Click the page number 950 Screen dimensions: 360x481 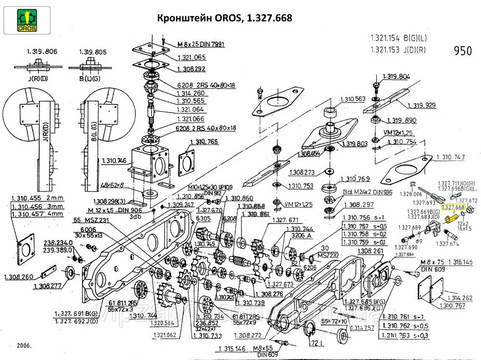click(x=463, y=51)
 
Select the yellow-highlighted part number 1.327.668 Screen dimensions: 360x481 click(x=453, y=207)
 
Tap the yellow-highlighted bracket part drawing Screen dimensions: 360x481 click(x=451, y=219)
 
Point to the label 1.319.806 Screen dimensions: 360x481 click(x=38, y=52)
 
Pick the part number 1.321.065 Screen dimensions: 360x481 click(x=191, y=57)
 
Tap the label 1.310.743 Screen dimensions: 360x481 click(x=451, y=157)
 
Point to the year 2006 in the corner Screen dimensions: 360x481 click(x=22, y=346)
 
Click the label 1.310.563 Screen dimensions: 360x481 click(x=353, y=99)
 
